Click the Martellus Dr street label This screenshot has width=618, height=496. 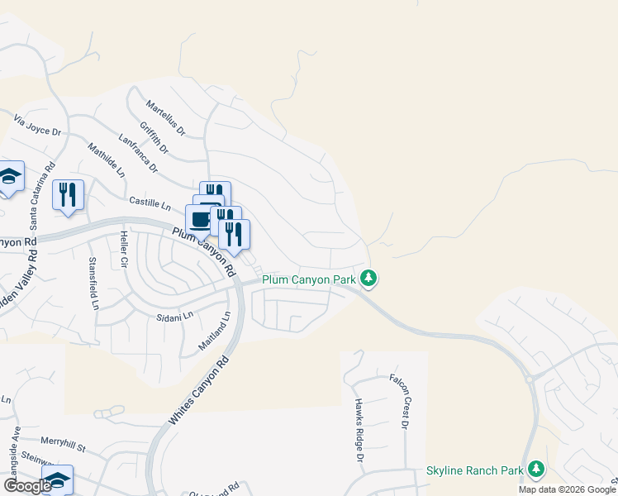[165, 118]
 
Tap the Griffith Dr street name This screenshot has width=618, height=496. [154, 138]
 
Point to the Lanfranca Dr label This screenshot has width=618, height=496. [138, 154]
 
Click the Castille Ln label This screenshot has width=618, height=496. [150, 201]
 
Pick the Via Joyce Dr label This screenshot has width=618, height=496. [38, 126]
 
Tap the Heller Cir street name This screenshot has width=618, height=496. [125, 250]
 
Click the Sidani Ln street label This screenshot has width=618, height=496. [174, 315]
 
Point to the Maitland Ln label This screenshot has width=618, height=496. [213, 331]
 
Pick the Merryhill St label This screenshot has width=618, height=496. [64, 447]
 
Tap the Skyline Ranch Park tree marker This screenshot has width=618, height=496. [536, 470]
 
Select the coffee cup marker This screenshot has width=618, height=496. [200, 220]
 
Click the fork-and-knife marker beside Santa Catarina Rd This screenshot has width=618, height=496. [68, 195]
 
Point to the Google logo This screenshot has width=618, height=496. [27, 486]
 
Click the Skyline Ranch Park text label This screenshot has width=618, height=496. [475, 470]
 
